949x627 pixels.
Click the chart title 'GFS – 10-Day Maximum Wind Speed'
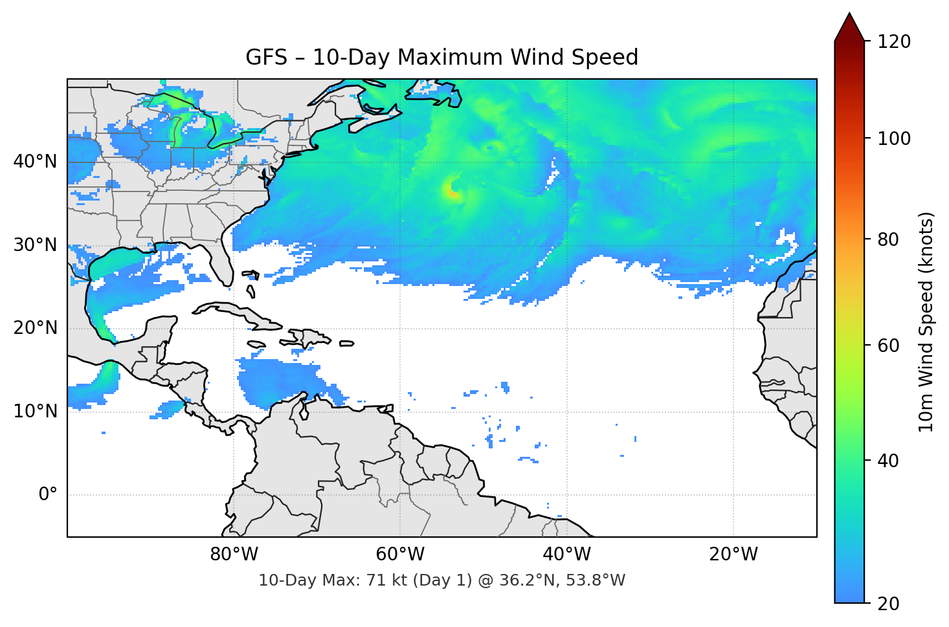tap(441, 58)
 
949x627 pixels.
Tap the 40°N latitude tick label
tap(35, 162)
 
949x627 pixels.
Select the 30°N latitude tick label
tap(35, 245)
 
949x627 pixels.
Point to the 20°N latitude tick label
tap(35, 328)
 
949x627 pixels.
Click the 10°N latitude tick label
tap(35, 412)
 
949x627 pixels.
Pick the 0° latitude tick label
tap(48, 495)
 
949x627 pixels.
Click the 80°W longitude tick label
tap(234, 555)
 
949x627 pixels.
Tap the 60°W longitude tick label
tap(400, 555)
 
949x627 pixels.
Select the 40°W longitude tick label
tap(566, 555)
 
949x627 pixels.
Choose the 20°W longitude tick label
tap(733, 555)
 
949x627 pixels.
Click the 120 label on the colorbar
tap(894, 42)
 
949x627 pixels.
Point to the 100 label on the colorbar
tap(894, 138)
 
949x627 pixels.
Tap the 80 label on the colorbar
tap(888, 239)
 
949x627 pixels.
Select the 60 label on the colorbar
tap(888, 346)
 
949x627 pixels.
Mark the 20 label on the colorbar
tap(888, 604)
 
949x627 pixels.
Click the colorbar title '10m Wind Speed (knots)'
tap(926, 322)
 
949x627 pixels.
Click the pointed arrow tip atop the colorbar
tap(849, 16)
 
